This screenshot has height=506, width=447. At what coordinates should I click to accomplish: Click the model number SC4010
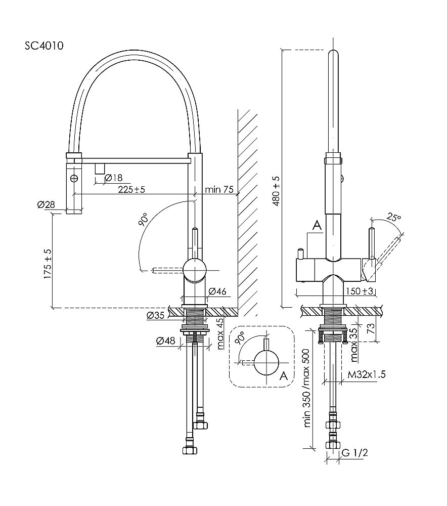44,46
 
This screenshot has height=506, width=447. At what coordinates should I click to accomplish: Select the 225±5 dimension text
130,190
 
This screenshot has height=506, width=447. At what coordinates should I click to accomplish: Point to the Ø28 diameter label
46,204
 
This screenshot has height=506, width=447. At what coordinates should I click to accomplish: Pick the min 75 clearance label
219,190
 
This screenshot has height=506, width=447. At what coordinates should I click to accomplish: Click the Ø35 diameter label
156,316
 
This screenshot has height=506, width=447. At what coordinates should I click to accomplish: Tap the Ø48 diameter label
166,341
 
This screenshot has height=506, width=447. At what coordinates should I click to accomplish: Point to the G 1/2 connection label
354,452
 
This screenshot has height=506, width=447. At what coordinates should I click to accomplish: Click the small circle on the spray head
74,178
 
